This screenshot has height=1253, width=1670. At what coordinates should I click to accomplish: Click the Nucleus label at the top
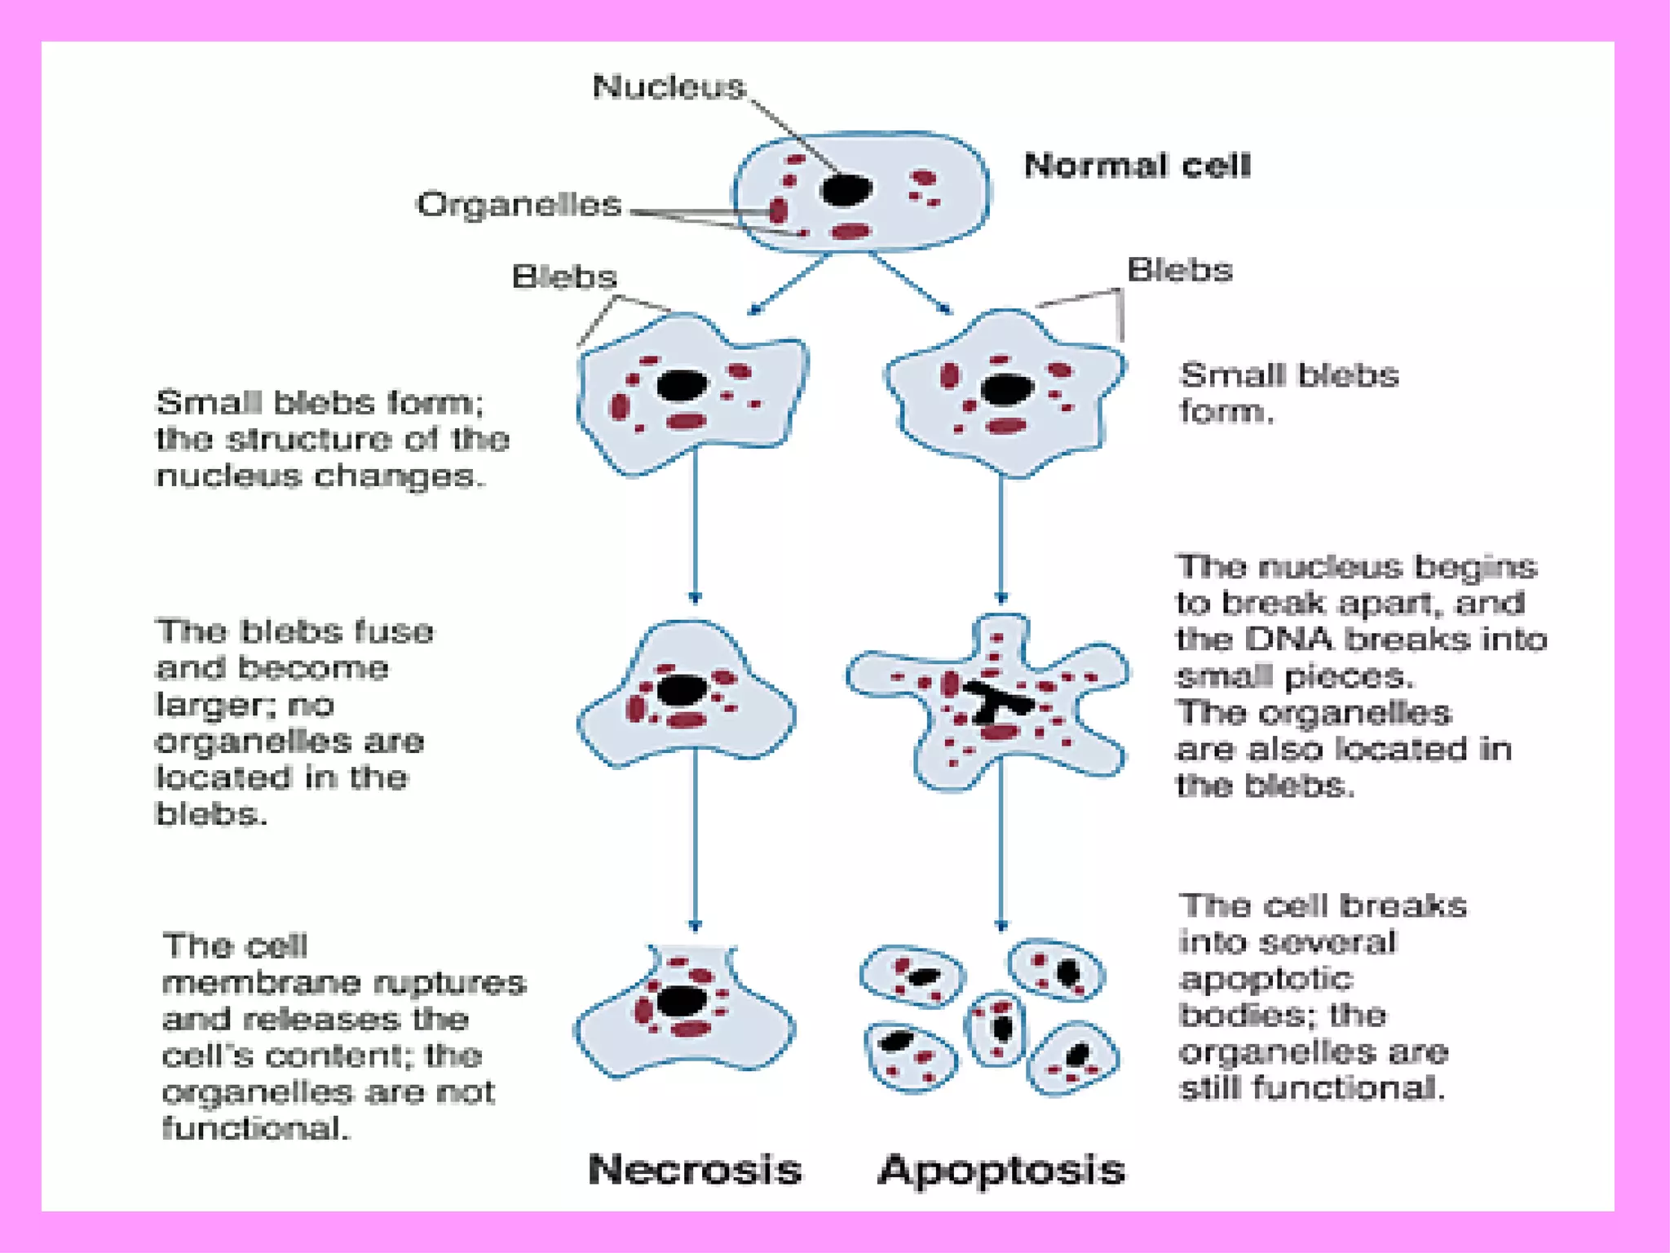[669, 86]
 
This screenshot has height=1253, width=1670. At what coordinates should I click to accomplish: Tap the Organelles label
[519, 204]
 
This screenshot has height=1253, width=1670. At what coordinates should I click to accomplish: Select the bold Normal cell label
[1137, 166]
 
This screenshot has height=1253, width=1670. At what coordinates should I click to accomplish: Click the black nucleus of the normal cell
[846, 190]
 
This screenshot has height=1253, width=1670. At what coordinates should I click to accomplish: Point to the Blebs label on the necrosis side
[564, 277]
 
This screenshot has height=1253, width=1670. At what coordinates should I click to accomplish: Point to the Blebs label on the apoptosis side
[1179, 270]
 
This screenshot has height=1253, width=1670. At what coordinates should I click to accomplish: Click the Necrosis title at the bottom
[695, 1169]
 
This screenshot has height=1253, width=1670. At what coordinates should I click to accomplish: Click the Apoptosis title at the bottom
[1001, 1169]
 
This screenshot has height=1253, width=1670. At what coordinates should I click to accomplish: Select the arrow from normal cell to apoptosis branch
[911, 285]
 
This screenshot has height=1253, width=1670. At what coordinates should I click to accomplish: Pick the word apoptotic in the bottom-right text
[1265, 978]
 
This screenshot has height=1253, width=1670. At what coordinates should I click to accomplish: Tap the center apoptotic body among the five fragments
[997, 1028]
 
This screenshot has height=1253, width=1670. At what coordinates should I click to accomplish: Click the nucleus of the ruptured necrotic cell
[681, 1001]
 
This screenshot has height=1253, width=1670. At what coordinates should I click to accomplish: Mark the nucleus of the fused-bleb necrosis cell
[681, 690]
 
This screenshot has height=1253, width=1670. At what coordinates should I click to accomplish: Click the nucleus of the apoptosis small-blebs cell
[1006, 390]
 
